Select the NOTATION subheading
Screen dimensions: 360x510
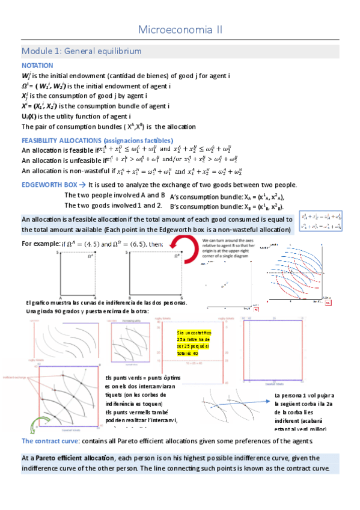click(x=37, y=65)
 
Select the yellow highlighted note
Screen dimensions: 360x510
click(x=192, y=343)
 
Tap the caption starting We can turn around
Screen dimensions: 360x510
click(x=227, y=245)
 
